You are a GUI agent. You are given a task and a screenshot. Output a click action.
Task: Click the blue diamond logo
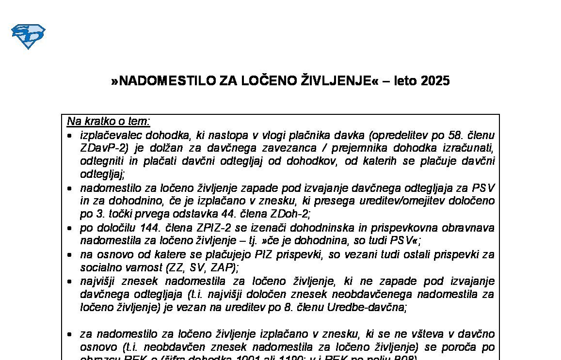click(x=28, y=36)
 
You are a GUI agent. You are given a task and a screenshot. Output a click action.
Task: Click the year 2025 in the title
click(x=435, y=81)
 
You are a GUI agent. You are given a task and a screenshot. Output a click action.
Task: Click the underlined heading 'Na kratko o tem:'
click(x=109, y=121)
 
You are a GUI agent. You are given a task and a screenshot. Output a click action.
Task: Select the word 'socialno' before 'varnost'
click(x=97, y=267)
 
